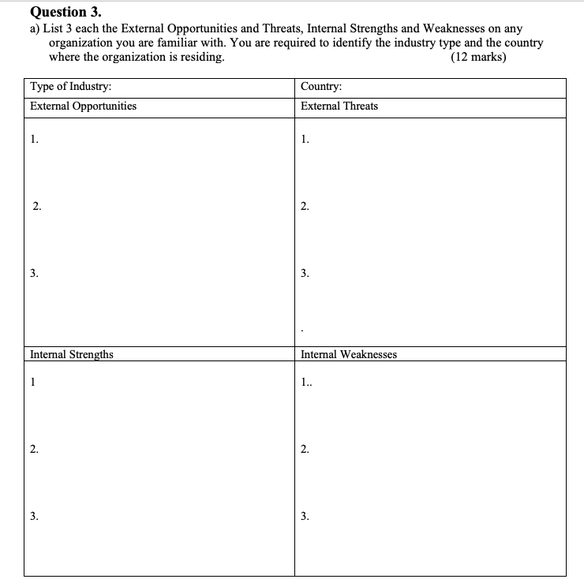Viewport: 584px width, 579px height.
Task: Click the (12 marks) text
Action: pos(477,58)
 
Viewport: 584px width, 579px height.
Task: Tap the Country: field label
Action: pos(321,87)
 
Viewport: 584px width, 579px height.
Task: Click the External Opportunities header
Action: pos(83,106)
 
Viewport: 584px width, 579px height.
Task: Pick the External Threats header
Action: pos(339,106)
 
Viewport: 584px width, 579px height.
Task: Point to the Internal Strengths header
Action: pos(71,354)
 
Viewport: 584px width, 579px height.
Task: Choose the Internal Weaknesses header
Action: pos(349,354)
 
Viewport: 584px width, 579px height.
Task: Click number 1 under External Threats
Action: pos(305,140)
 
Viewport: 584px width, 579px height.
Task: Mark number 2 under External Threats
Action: pos(305,207)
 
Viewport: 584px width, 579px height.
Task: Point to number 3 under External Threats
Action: pos(305,274)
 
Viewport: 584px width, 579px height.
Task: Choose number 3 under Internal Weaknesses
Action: pos(305,517)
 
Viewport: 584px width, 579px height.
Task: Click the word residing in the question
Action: pos(200,58)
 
